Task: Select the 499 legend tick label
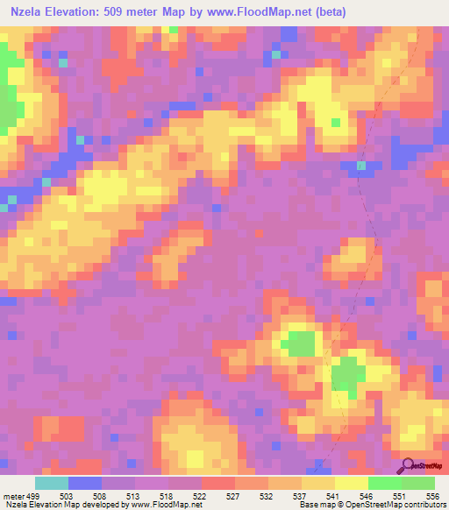[x=33, y=496]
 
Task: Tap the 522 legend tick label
[x=201, y=496]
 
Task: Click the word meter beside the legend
[x=12, y=496]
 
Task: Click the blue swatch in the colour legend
[x=84, y=483]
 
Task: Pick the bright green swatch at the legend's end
[x=417, y=483]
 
